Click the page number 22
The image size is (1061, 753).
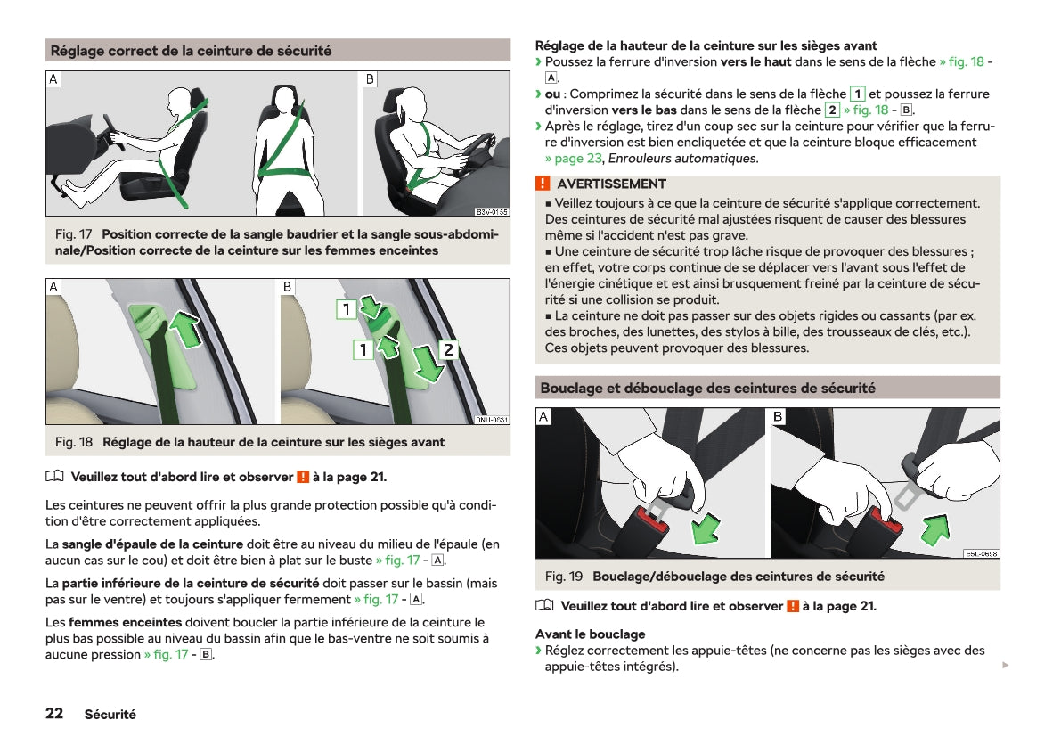point(54,713)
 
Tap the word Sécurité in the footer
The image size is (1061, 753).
point(110,715)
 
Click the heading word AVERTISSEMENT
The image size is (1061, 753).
point(612,184)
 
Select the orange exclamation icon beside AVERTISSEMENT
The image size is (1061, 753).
point(543,184)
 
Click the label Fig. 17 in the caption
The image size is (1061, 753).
point(74,234)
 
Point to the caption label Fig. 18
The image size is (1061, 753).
point(74,442)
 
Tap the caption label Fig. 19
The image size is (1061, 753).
point(564,577)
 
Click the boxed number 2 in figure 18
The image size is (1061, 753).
point(448,349)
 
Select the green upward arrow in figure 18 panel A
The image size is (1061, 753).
point(184,329)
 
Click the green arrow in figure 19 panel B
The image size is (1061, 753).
point(935,528)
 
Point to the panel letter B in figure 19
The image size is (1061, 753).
point(779,416)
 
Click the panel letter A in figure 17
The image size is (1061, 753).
point(53,79)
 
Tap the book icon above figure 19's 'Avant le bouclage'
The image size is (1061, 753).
point(544,605)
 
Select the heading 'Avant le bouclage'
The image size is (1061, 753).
point(590,634)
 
